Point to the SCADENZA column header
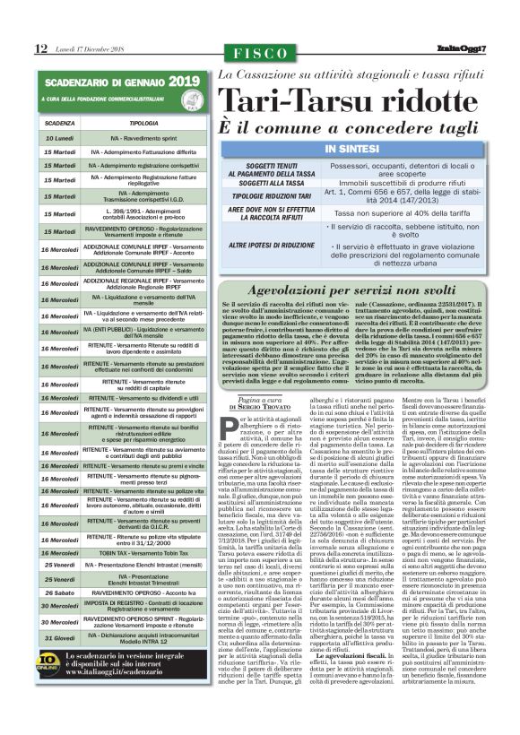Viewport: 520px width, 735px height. [x=59, y=123]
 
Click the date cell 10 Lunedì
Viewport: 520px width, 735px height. [x=59, y=140]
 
